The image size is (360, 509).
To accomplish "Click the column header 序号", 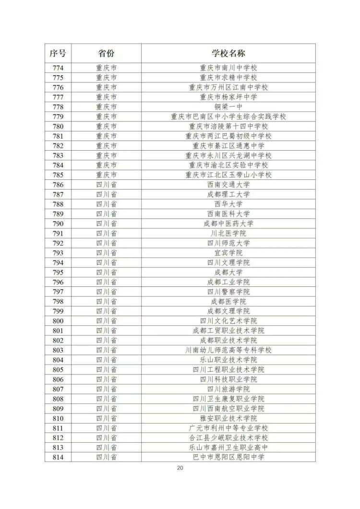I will [x=58, y=53].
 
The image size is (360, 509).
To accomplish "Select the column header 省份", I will [x=106, y=53].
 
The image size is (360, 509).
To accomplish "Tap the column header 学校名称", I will [x=228, y=53].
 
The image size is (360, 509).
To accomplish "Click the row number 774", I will [x=58, y=68].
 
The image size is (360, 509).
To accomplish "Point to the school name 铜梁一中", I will [x=228, y=107].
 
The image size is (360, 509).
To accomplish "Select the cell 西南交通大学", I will [x=228, y=184].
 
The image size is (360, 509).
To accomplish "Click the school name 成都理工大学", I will [x=228, y=194].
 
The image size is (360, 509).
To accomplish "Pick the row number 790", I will [x=58, y=223].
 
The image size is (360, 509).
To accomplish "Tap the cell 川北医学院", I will [x=228, y=233].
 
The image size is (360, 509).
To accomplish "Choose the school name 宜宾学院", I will [x=228, y=252].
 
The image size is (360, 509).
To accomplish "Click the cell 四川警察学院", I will [x=228, y=292].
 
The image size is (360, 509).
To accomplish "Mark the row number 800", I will [x=58, y=320].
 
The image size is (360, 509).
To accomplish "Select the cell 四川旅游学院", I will [x=228, y=389].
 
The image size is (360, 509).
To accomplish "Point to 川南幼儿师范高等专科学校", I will [x=228, y=350].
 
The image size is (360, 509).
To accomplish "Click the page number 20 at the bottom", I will [x=180, y=468].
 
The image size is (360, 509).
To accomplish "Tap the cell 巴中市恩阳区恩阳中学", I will [x=228, y=457].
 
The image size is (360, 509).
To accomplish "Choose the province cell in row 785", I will [x=106, y=175].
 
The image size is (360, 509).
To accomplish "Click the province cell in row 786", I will [x=106, y=184].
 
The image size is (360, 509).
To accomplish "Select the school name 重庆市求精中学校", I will [x=228, y=77].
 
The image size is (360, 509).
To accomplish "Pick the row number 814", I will [x=58, y=457].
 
